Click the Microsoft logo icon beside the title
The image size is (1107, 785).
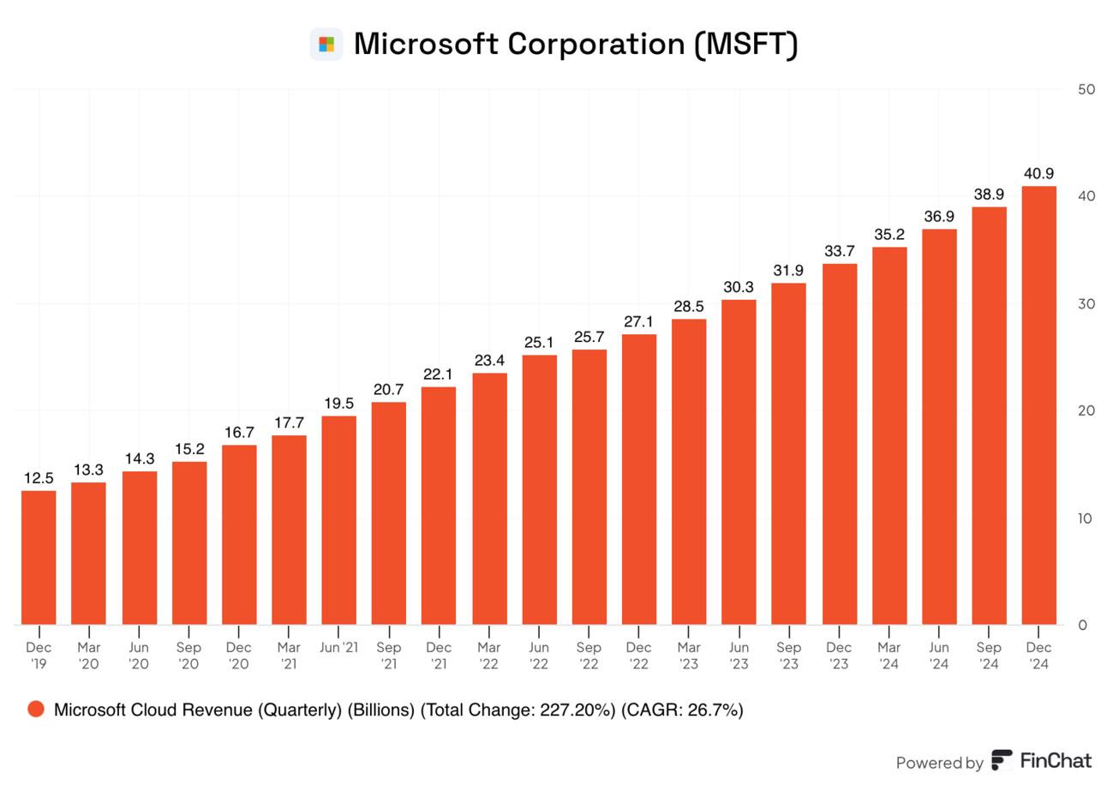326,44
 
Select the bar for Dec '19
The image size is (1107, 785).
39,558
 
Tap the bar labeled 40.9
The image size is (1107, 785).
1038,405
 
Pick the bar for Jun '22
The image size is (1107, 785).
539,490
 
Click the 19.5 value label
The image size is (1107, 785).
339,404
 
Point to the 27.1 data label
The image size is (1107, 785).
638,322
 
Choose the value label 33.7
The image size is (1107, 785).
839,251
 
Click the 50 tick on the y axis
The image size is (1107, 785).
1086,89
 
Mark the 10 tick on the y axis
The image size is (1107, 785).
1086,518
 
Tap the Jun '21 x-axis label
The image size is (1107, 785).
339,647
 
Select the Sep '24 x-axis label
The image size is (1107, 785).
989,656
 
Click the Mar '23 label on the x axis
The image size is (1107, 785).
689,656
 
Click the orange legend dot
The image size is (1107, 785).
36,709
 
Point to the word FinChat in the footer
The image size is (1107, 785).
1056,761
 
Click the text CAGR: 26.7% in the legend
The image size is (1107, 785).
682,710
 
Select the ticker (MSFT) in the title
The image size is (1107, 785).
745,44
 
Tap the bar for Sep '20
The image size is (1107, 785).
189,543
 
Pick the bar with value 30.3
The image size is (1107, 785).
739,462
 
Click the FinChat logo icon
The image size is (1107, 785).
1002,760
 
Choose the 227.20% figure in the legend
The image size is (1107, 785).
577,710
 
